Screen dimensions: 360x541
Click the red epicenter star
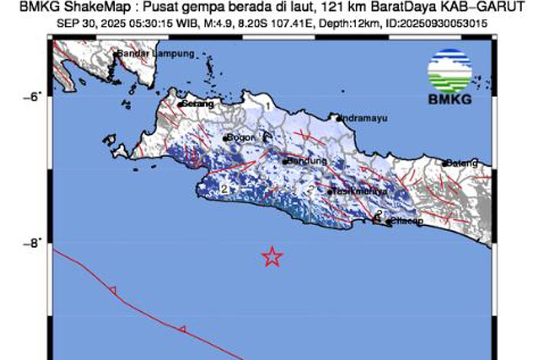tap(272, 256)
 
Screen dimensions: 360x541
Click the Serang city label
tap(198, 104)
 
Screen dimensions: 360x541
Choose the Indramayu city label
tap(365, 118)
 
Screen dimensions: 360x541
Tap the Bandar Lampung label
tap(156, 54)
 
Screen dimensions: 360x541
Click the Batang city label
tap(462, 163)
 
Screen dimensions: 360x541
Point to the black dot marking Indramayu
tap(339, 118)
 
